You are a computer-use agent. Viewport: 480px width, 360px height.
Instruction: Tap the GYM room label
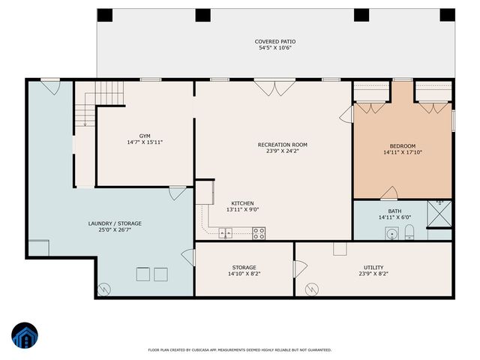[x=145, y=136]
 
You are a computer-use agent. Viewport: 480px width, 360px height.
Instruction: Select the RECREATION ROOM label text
[x=282, y=145]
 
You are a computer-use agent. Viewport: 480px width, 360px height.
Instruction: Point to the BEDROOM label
[x=402, y=146]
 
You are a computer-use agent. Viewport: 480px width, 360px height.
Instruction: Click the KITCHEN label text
[x=241, y=203]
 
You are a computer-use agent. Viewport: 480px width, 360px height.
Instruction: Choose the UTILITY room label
[x=373, y=267]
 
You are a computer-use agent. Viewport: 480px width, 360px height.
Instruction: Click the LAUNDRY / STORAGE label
[x=115, y=223]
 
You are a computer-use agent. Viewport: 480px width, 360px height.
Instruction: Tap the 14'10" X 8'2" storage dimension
[x=244, y=274]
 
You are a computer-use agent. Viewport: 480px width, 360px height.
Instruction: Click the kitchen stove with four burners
[x=259, y=233]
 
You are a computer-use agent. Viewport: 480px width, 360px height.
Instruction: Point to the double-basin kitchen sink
[x=225, y=234]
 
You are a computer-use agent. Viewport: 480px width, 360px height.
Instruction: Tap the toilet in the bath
[x=409, y=233]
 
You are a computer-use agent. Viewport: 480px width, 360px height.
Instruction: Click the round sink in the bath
[x=391, y=234]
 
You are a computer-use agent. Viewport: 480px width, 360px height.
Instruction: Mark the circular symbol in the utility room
[x=310, y=288]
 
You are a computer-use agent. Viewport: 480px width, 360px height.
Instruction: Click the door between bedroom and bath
[x=388, y=194]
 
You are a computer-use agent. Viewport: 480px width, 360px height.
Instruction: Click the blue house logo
[x=25, y=335]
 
